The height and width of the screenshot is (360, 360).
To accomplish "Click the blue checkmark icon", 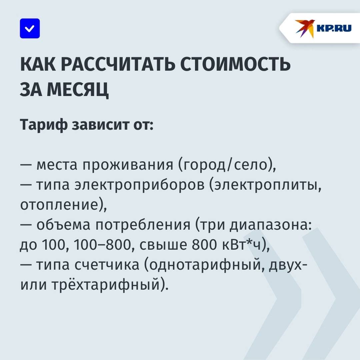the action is point(30,28).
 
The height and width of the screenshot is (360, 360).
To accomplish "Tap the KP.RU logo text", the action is point(334,28).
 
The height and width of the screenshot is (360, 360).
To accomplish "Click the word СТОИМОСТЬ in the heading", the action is point(235,64).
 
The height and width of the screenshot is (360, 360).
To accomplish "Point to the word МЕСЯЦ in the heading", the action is point(78,89).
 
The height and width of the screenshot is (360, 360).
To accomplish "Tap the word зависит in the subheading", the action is point(101,125).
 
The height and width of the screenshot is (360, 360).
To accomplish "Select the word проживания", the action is point(128,165).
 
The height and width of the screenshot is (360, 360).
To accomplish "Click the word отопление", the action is point(59,205).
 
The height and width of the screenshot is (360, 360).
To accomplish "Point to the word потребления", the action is point(143,225).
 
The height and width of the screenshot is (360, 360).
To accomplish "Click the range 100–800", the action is point(102,245).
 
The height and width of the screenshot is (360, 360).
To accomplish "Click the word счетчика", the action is point(107,265).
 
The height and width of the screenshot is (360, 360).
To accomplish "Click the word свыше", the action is point(163,245).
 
